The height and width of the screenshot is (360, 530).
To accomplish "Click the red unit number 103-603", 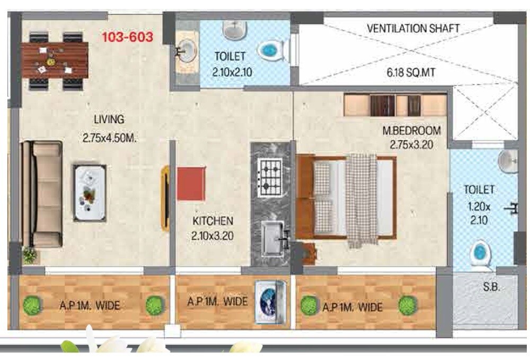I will pos(127,38).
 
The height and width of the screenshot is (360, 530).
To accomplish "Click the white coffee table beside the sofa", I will pos(89,192).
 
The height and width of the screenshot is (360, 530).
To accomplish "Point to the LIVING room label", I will pos(109,119).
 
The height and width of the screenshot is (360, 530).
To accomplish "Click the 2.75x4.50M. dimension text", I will pos(110,138).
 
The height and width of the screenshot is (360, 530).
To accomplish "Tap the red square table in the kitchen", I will pos(191,183).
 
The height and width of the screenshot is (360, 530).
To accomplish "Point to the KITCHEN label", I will pos(212,221).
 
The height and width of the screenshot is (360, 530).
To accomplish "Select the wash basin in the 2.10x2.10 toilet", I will pos(185,51).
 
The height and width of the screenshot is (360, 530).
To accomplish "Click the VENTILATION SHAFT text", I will pos(413,28).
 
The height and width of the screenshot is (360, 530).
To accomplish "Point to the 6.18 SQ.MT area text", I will pos(411,73).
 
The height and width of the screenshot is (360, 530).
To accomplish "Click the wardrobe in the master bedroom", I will pos(395,105).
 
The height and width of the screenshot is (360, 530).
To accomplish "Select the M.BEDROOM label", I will pos(411,130).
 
